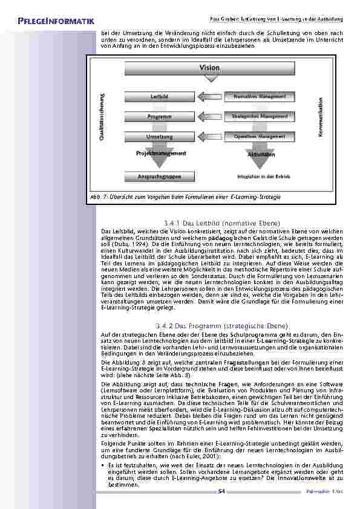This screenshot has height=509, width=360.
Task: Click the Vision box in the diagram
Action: (209, 68)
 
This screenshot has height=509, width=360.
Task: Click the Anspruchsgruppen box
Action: (159, 178)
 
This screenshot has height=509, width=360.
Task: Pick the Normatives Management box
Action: (258, 96)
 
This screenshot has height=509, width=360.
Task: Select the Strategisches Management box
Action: (258, 115)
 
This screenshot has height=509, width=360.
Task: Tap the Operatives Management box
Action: (258, 137)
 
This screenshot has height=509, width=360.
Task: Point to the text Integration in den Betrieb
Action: (263, 178)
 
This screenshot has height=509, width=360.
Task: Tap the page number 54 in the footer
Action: (221, 490)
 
